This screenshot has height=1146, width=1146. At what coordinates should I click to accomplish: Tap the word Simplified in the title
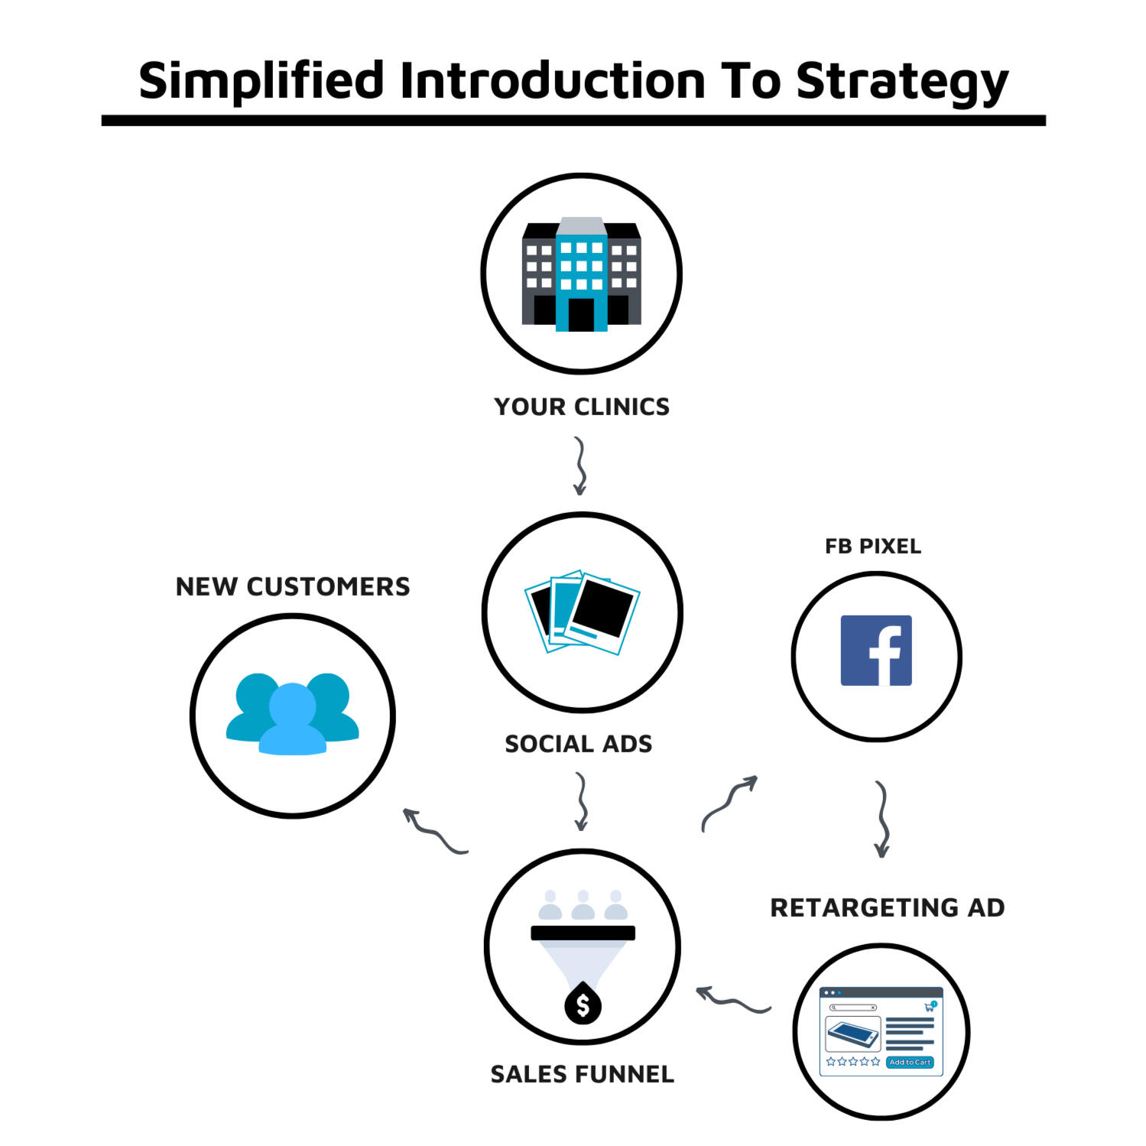point(261,80)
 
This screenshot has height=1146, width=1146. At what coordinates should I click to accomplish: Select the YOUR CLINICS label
point(581,407)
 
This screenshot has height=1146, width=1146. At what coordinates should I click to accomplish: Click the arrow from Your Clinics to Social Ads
point(580,466)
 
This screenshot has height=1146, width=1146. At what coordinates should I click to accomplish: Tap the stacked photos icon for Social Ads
point(582,611)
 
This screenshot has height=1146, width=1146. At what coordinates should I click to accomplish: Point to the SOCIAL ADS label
point(578,744)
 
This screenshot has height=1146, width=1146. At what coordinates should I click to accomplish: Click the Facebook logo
point(876,651)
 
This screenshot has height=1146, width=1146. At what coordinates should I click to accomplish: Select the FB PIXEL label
point(873,546)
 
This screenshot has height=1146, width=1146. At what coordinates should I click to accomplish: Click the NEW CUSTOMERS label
point(293,586)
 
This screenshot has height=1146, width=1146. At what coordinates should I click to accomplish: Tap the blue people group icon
point(292,714)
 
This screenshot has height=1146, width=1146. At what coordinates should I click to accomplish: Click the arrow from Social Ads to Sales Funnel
point(582,801)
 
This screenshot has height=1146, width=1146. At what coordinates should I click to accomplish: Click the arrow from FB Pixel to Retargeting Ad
point(882,819)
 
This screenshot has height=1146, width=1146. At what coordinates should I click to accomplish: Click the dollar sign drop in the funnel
point(583,1005)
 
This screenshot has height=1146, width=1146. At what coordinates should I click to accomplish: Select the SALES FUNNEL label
point(582,1074)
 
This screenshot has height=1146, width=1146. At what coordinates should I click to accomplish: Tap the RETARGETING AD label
point(887,907)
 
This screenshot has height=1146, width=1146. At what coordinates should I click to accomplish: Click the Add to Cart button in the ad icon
point(910,1062)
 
